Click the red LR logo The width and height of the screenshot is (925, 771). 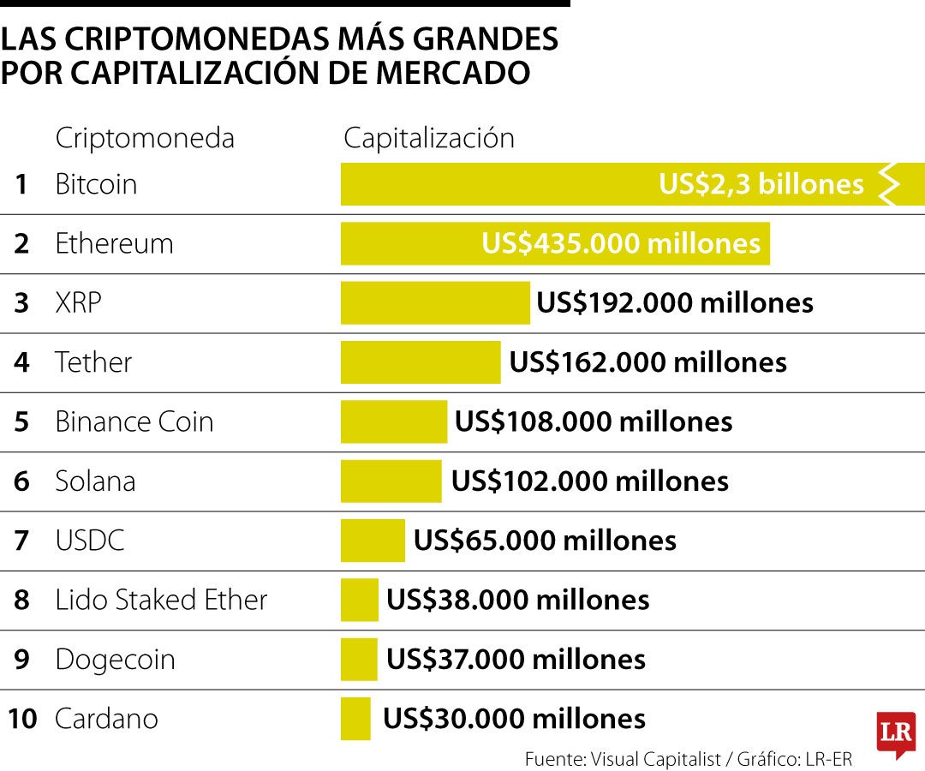[896, 732]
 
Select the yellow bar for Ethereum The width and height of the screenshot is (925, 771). [411, 243]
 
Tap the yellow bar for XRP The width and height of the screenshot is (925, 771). [435, 302]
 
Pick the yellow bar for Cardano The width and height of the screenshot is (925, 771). [355, 719]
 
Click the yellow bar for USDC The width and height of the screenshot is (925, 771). [373, 541]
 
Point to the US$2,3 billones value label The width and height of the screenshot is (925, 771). [761, 184]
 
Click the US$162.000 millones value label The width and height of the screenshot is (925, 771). [647, 362]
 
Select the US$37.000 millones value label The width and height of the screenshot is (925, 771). [516, 660]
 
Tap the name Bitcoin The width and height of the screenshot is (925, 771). [96, 184]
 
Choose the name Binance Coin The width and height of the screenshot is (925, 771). [134, 421]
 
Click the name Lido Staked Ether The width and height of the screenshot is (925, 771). [161, 600]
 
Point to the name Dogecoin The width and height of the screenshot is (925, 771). [115, 660]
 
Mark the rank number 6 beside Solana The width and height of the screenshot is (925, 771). [21, 481]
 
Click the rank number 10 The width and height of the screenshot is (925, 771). [22, 719]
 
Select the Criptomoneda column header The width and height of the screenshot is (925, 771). [144, 138]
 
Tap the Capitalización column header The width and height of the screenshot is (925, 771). [429, 138]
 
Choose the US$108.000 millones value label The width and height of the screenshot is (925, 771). [593, 421]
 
